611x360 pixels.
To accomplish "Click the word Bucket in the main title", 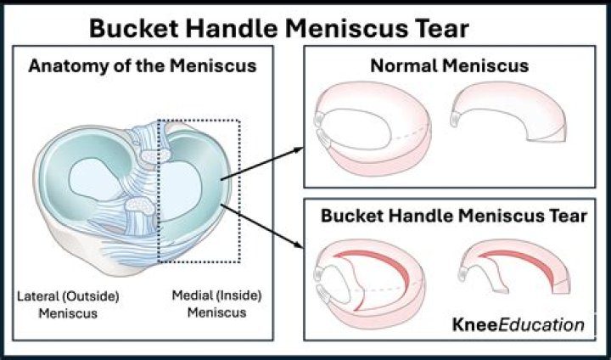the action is (134, 28).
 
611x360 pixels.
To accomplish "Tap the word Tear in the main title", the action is (440, 28).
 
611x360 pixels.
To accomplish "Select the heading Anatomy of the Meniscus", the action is (143, 66).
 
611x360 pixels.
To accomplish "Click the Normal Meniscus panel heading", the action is (450, 65).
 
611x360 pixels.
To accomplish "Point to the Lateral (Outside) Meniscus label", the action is (68, 304).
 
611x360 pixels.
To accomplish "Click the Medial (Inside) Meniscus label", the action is (216, 303).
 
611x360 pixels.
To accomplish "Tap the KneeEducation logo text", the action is (519, 324).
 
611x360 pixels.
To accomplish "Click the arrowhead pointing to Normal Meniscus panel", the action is (299, 149).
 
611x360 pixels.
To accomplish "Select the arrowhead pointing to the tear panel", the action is (298, 245).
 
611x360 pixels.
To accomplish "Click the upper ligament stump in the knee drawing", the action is (155, 155).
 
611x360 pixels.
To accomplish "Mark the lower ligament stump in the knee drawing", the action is (140, 205).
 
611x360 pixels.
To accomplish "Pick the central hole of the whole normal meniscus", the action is (356, 130).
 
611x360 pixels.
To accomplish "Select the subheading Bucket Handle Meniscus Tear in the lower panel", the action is (454, 216).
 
